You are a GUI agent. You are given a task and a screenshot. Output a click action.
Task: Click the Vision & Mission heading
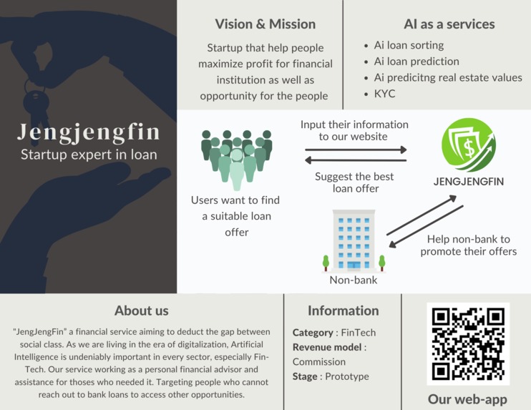click(265, 24)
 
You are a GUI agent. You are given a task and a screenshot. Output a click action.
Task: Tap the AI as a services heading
click(449, 24)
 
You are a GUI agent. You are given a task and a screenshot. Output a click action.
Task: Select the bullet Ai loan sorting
click(408, 45)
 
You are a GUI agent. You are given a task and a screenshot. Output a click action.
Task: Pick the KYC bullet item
click(384, 94)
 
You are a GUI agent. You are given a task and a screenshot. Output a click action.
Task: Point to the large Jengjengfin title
click(89, 132)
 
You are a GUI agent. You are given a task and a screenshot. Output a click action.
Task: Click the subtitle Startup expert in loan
click(89, 154)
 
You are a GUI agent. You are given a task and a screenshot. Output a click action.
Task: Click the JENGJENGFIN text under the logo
click(469, 182)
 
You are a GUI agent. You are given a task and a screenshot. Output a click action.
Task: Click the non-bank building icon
click(354, 240)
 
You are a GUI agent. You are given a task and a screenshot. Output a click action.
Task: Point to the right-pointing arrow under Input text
click(356, 150)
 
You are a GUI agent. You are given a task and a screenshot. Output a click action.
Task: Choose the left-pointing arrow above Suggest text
click(356, 160)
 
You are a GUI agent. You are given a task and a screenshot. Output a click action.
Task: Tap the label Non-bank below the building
click(354, 280)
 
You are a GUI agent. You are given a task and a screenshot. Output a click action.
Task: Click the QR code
click(468, 343)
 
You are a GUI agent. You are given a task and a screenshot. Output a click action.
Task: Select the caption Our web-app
click(467, 399)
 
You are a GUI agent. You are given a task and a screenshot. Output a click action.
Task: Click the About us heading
click(142, 311)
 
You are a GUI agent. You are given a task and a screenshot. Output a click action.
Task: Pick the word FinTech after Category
click(357, 333)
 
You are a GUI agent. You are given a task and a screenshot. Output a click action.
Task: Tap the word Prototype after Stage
click(347, 376)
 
